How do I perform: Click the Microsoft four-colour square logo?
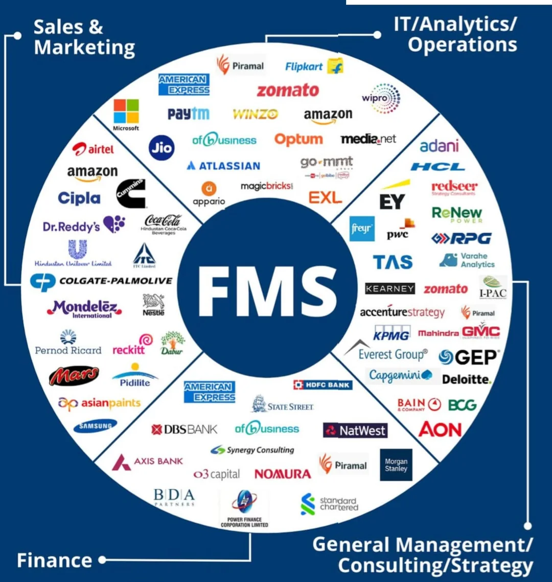click(x=126, y=112)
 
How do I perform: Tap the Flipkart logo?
click(x=314, y=66)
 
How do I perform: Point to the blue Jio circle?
click(x=162, y=147)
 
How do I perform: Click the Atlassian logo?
click(x=223, y=166)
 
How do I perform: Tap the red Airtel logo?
click(x=93, y=149)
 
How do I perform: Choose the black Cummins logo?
click(x=131, y=193)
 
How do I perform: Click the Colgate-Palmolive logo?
click(x=101, y=281)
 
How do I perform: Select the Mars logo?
click(x=74, y=376)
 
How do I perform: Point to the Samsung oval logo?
click(x=95, y=426)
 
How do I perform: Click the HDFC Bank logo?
click(x=323, y=385)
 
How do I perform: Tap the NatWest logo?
click(x=355, y=430)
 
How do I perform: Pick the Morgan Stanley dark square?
click(x=396, y=465)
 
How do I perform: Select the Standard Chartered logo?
click(x=330, y=504)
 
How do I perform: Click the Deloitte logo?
click(x=467, y=379)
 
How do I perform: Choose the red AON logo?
click(x=440, y=430)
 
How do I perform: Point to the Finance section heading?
click(x=54, y=561)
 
